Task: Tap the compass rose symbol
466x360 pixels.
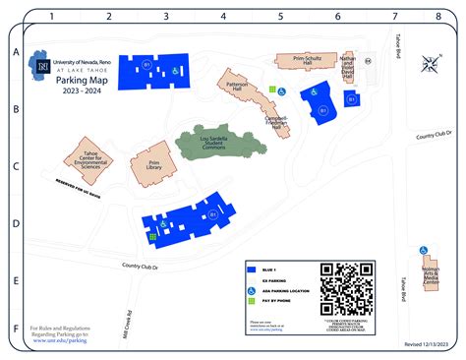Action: coord(431,66)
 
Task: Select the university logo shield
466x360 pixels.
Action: coord(42,67)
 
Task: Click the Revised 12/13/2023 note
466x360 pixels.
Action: coord(427,345)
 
